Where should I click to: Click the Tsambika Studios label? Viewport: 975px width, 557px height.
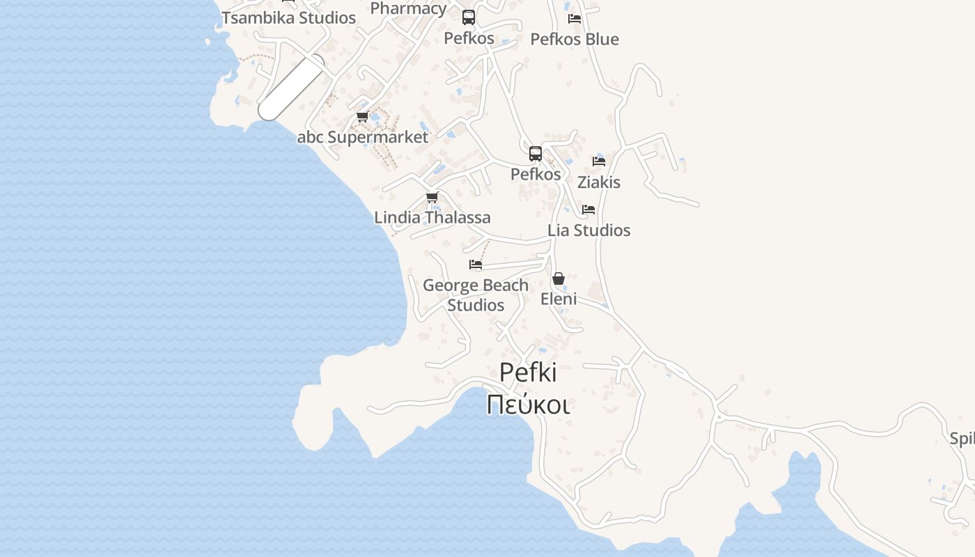coord(288,18)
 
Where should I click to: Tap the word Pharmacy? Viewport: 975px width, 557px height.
coord(408,8)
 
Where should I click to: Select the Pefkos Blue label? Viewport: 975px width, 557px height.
coord(575,39)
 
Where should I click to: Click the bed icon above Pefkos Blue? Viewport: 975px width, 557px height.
coord(575,19)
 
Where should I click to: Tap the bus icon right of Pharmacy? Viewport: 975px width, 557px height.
coord(469,17)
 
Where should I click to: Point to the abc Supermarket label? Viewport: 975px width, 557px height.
coord(363,137)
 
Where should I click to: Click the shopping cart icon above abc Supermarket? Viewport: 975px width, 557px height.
coord(362,117)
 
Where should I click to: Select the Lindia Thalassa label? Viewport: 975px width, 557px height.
coord(432,217)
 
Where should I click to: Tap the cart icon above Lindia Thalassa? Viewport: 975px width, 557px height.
coord(432,198)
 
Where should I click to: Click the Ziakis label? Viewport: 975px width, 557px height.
coord(599,182)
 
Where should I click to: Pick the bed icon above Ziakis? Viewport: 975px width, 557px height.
coord(599,162)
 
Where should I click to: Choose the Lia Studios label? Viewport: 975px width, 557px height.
coord(589,230)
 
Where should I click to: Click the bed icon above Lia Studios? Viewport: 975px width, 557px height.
coord(588,210)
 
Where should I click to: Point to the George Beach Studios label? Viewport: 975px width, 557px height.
coord(476,295)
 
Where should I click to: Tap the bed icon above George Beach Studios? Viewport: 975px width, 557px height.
coord(476,265)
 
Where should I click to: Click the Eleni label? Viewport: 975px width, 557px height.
coord(559,299)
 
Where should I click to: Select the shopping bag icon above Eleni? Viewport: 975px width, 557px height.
coord(559,278)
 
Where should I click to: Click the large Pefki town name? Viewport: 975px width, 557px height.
coord(528,372)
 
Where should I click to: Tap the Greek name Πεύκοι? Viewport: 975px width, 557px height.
coord(528,405)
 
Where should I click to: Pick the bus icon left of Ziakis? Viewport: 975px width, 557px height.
coord(536,154)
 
